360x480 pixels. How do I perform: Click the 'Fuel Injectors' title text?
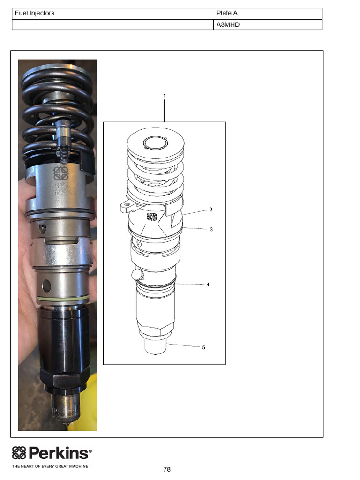coord(35,13)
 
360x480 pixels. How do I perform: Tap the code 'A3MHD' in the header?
coord(228,24)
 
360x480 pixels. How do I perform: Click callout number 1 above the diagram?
coord(164,95)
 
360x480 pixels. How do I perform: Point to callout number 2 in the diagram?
coord(211,210)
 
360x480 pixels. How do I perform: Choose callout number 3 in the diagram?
coord(211,229)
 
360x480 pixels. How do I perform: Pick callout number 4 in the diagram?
coord(208,285)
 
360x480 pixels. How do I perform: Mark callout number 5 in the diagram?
coord(203,347)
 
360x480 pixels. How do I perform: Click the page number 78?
coord(167,469)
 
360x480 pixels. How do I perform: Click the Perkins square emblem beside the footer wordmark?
coord(19,453)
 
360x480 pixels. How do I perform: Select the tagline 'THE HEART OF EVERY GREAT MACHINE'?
coord(50,466)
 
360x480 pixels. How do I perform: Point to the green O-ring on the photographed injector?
coord(61,299)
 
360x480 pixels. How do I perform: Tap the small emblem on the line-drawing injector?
coord(151,216)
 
